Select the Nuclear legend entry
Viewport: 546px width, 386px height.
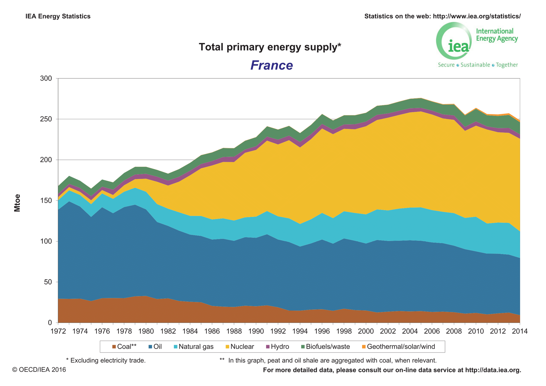coord(239,346)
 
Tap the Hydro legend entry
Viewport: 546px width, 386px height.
coord(277,346)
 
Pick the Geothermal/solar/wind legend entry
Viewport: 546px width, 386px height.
coord(398,346)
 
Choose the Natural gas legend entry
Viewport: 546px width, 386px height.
coord(193,346)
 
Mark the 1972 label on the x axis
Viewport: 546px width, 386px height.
coord(58,331)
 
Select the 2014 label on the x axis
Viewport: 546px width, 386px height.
coord(520,331)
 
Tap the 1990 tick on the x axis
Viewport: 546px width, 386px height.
coord(256,331)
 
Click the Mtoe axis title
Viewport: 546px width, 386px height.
coord(17,203)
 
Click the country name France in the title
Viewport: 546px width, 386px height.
coord(272,65)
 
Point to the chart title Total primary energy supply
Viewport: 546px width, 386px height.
coord(270,47)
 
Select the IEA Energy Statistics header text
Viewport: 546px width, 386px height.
coord(58,16)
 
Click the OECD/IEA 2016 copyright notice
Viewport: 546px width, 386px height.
coord(39,370)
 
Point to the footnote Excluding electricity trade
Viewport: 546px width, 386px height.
coord(106,360)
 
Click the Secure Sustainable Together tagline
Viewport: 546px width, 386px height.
coord(478,65)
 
